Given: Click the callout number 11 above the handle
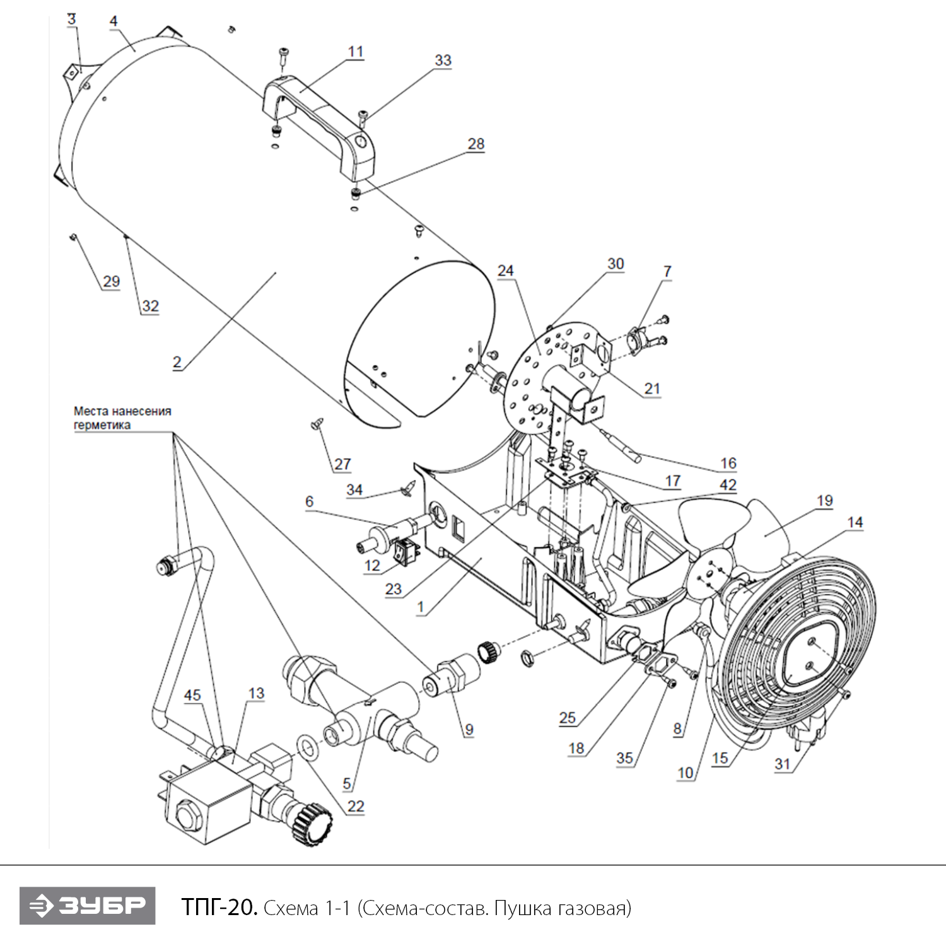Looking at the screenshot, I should pyautogui.click(x=356, y=52).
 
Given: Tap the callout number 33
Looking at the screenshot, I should pyautogui.click(x=443, y=61).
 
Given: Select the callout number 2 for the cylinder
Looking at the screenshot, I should pyautogui.click(x=177, y=362).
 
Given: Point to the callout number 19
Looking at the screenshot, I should pyautogui.click(x=825, y=501).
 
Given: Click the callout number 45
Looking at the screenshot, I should pyautogui.click(x=192, y=695).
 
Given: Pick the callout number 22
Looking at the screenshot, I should pyautogui.click(x=356, y=806).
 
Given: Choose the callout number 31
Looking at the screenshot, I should pyautogui.click(x=783, y=764).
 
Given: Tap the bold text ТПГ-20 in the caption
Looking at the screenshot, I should pyautogui.click(x=219, y=908).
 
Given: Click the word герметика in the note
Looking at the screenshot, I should pyautogui.click(x=102, y=425).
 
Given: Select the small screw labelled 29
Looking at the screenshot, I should pyautogui.click(x=73, y=237).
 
